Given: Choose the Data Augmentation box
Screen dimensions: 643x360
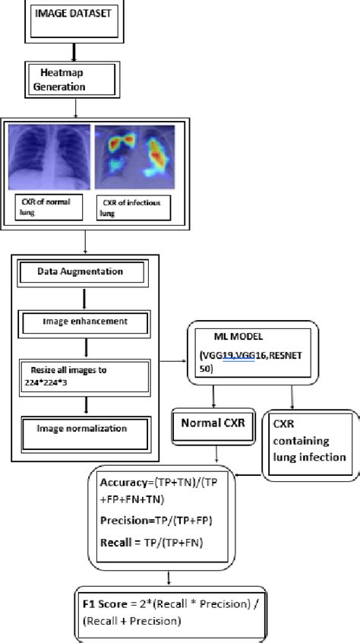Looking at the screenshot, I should [x=81, y=271].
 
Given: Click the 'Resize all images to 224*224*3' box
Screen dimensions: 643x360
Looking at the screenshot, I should [x=81, y=375].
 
